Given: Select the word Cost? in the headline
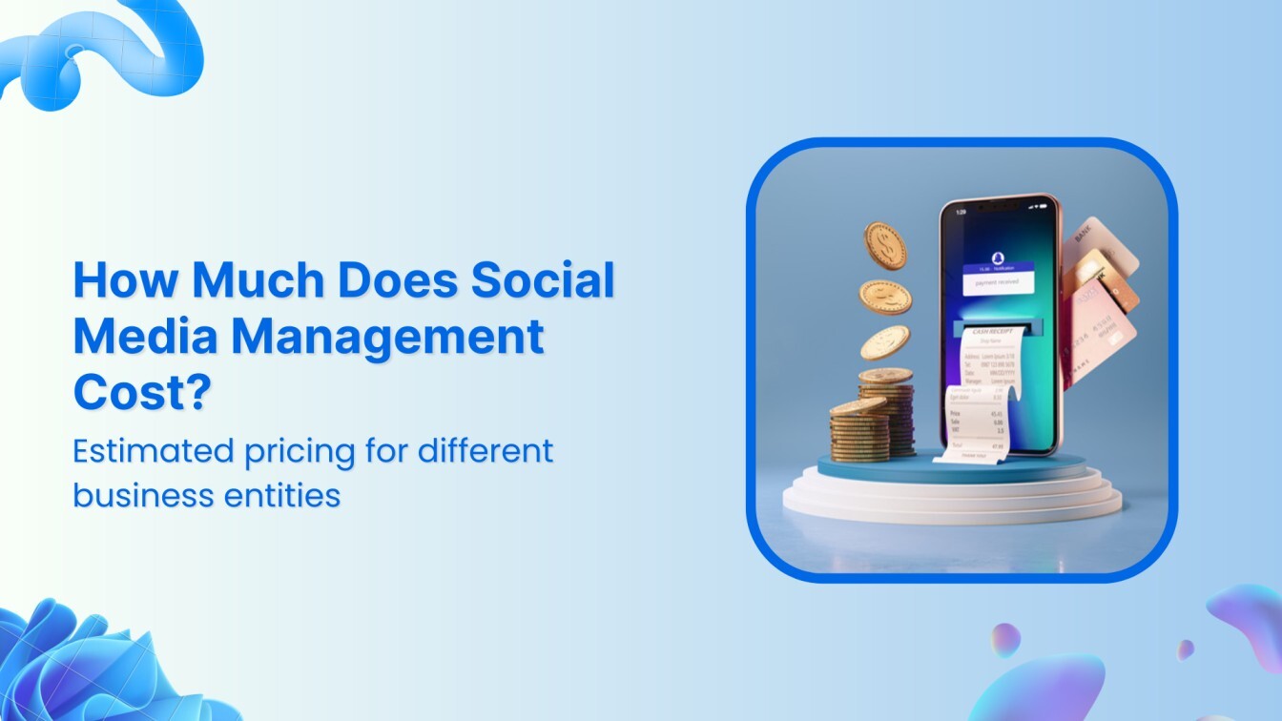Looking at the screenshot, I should point(141,391).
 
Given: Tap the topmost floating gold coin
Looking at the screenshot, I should point(886,245).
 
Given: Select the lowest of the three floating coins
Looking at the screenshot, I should point(885,342).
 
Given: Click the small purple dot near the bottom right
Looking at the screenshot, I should point(1186,649).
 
